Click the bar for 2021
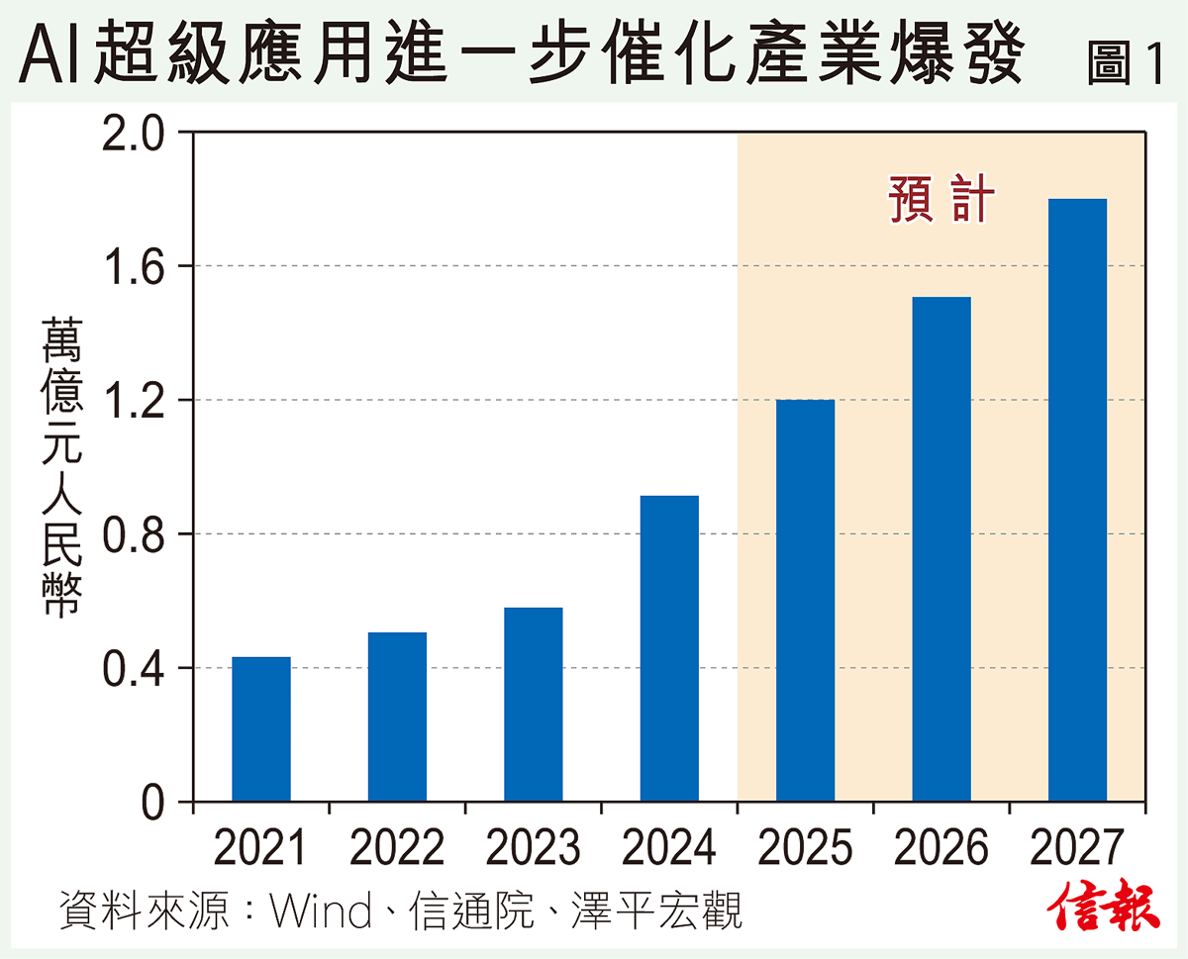pos(260,728)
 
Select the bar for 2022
pos(397,717)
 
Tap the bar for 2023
pos(533,704)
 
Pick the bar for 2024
pos(669,648)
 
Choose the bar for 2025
pos(805,600)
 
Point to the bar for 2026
pos(941,549)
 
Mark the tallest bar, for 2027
pos(1077,500)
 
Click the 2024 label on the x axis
pos(669,848)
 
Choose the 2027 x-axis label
pos(1077,848)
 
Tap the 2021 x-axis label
pos(260,848)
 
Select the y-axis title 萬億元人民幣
pos(61,467)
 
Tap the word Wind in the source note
pos(321,911)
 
